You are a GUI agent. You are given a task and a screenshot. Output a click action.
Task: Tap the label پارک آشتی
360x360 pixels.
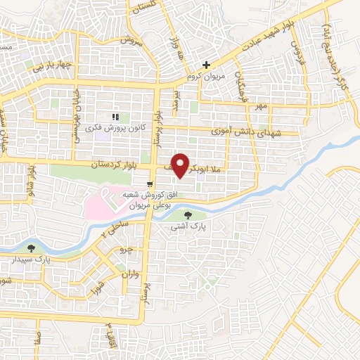click(187, 228)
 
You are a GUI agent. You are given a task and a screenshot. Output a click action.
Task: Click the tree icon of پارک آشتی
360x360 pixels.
click(188, 215)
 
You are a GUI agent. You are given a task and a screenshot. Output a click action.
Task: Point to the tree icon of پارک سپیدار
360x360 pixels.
click(31, 247)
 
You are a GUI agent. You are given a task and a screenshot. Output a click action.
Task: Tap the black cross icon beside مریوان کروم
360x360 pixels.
click(205, 65)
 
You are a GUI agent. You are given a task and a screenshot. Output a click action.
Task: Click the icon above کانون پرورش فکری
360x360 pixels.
click(115, 117)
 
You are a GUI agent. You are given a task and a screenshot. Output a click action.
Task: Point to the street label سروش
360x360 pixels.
click(130, 42)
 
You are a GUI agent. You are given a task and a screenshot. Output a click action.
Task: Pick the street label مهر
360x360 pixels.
click(262, 106)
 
